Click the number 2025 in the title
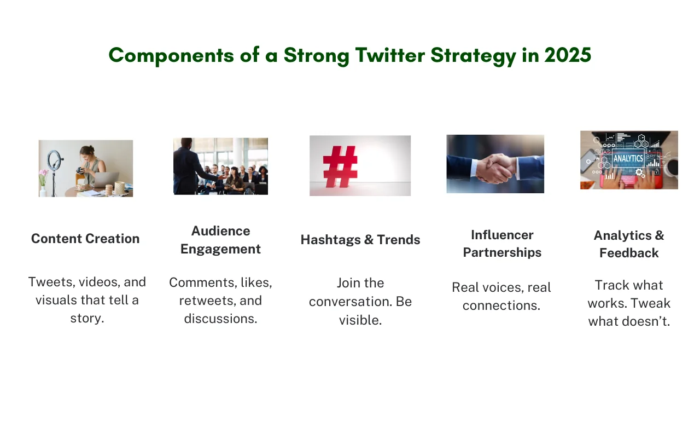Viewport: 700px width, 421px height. coord(568,55)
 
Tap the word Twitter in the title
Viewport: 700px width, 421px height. coord(390,55)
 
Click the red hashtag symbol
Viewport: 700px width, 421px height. coord(340,167)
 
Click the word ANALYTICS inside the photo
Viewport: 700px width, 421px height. coord(628,158)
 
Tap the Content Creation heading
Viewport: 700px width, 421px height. coord(85,239)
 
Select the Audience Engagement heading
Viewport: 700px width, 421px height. coord(220,240)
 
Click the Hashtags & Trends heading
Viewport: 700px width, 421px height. coord(360,240)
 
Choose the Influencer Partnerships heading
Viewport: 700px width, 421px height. coord(502,244)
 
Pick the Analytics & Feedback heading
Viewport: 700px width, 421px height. coord(629,244)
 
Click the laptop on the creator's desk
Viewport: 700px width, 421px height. coord(106,180)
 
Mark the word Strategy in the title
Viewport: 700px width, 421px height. coord(474,56)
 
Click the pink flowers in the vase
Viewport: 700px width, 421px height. coord(43,173)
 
